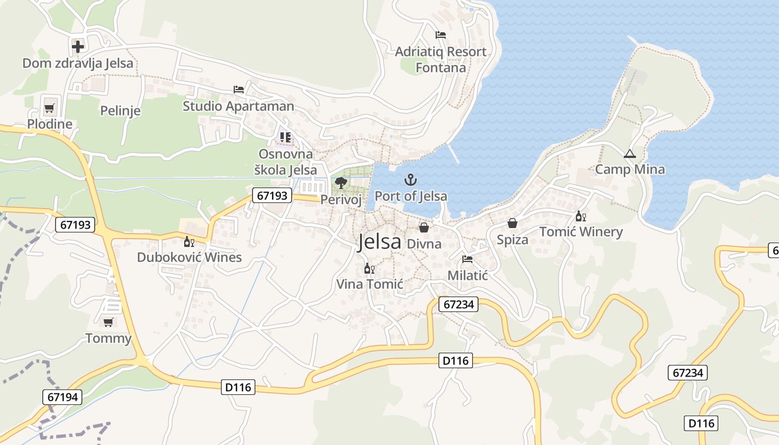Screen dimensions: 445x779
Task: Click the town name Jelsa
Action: (x=379, y=242)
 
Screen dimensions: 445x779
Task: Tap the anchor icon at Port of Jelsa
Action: (x=410, y=180)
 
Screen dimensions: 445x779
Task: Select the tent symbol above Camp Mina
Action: (x=629, y=154)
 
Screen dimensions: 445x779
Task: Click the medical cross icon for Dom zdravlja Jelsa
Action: (x=78, y=46)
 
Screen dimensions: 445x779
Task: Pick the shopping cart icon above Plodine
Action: (x=50, y=107)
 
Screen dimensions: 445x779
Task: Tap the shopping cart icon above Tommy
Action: (x=109, y=322)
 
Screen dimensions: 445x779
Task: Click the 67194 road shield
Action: (x=62, y=397)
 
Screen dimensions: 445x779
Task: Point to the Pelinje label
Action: (x=120, y=111)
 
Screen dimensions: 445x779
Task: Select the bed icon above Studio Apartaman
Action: (x=239, y=89)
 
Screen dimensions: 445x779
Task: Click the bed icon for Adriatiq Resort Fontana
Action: (x=441, y=35)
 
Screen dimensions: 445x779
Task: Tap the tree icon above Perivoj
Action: (x=341, y=182)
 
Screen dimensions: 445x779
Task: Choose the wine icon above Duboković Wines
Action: (x=189, y=241)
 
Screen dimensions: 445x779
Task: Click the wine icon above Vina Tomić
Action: (x=369, y=269)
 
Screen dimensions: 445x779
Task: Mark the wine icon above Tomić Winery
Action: (x=581, y=216)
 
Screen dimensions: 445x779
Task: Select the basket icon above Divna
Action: (x=424, y=228)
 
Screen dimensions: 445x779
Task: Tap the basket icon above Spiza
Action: (x=512, y=223)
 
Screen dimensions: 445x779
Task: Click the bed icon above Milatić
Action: (x=467, y=259)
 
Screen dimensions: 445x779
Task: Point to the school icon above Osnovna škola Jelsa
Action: (x=285, y=137)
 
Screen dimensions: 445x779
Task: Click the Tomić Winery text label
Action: (x=581, y=232)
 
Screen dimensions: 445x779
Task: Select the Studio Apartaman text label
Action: (x=238, y=106)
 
